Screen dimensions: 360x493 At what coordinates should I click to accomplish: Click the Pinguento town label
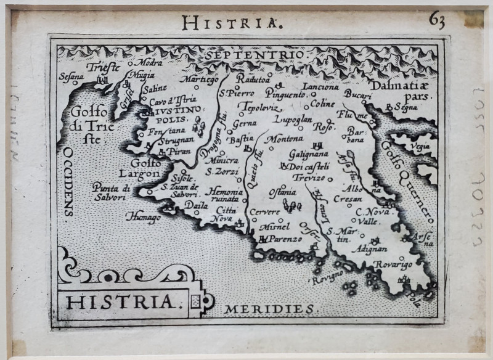click(x=285, y=95)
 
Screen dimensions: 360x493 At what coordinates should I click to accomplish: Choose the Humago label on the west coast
click(x=143, y=217)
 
